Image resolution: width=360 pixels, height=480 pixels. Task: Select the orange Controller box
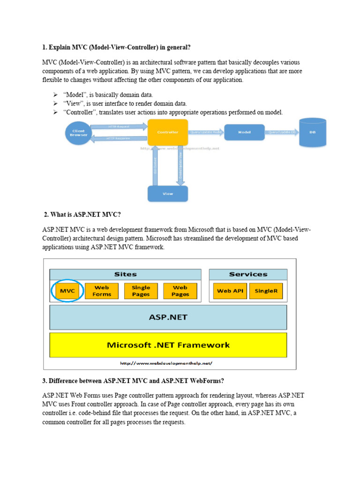[168, 132]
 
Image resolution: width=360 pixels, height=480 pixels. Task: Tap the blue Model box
[244, 132]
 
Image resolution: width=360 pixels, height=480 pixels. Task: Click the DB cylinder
[312, 132]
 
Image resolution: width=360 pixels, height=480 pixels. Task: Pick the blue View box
[167, 194]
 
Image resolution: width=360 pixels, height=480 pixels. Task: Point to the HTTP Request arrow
[118, 127]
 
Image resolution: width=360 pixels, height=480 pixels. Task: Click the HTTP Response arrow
[118, 138]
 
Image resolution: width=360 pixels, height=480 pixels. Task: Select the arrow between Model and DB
[282, 132]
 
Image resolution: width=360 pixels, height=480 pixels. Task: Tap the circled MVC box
[67, 291]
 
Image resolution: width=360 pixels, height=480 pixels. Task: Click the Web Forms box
[102, 291]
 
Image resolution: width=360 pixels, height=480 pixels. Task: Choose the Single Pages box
[141, 291]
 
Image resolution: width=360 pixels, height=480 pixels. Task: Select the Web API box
[230, 291]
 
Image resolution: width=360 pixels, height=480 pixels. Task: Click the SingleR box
[266, 291]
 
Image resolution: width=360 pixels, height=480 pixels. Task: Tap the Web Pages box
[180, 291]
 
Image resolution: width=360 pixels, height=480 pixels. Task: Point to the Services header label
[248, 274]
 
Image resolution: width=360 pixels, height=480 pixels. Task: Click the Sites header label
[125, 274]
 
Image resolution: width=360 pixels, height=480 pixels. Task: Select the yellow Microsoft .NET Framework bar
[168, 345]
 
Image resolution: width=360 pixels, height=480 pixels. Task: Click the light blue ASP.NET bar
[168, 317]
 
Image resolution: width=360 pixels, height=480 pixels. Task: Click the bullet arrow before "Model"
[55, 95]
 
